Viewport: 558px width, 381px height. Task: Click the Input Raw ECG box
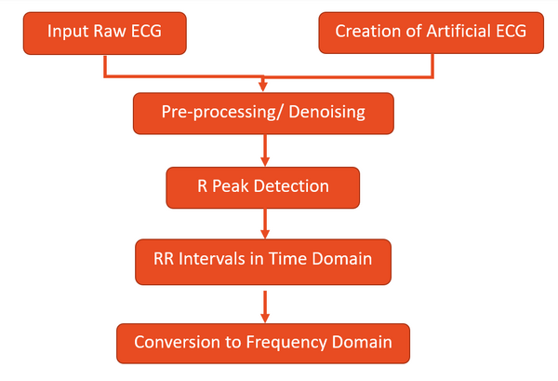[x=103, y=32]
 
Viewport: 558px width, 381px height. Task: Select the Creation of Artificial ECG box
[x=432, y=32]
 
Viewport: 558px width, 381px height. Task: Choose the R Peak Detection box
[x=263, y=186]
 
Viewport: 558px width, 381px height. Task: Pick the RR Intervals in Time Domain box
[x=262, y=260]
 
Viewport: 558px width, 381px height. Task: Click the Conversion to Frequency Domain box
[x=262, y=342]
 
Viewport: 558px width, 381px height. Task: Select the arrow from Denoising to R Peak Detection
[x=265, y=149]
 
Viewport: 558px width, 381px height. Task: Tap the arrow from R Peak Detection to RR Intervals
[x=265, y=223]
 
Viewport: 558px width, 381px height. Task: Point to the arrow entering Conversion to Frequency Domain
[x=265, y=304]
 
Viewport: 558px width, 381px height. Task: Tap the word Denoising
[x=330, y=113]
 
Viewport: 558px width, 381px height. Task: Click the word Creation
[x=365, y=32]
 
